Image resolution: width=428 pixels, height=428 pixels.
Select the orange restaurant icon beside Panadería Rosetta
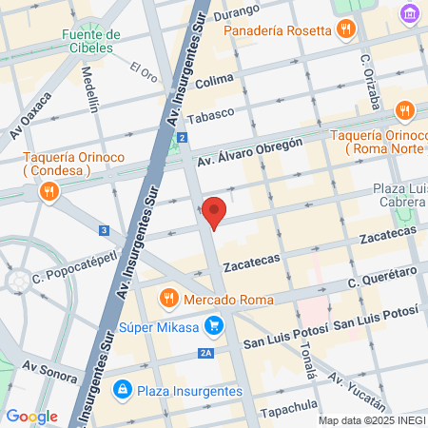[x=344, y=29]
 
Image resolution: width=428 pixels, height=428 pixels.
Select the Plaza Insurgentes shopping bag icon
[x=122, y=388]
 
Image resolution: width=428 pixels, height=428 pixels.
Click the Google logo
[x=31, y=416]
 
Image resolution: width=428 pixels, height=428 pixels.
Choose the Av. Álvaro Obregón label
[x=250, y=153]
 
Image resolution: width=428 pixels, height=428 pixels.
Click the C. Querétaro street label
[x=382, y=278]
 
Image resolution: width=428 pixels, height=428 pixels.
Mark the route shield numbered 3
[x=104, y=230]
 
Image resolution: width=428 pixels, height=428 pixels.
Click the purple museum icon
[x=410, y=14]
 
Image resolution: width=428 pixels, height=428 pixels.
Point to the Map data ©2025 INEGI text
[x=371, y=419]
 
